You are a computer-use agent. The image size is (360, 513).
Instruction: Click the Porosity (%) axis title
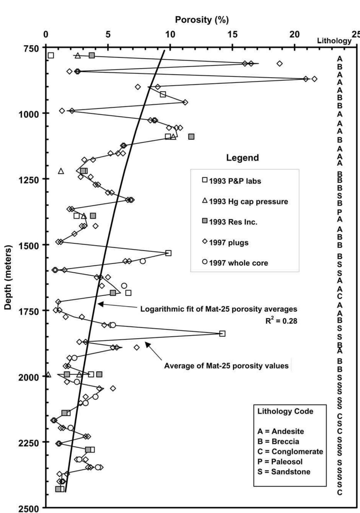202,20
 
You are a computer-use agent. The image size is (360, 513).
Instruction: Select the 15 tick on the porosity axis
232,35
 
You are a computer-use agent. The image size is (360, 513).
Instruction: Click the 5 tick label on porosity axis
108,35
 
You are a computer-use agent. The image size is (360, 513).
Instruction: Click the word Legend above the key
242,158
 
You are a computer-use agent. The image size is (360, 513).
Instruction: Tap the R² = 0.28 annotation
281,321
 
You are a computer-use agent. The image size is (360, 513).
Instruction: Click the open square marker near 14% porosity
222,334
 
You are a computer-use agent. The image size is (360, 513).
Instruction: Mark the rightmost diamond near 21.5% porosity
314,79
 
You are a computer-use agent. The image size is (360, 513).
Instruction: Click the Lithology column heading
334,41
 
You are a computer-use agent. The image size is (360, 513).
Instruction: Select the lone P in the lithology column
339,212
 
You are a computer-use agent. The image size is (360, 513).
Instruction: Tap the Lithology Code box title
285,411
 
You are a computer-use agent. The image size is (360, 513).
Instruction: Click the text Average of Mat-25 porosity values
226,366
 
